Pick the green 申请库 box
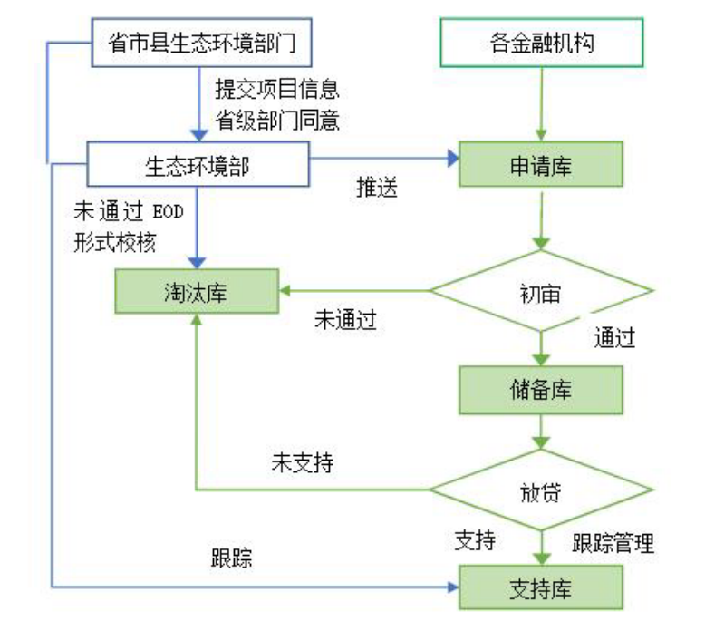click(541, 164)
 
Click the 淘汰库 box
click(197, 292)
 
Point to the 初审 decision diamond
click(541, 292)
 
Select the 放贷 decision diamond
click(541, 490)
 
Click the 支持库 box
click(541, 587)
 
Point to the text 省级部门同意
click(276, 119)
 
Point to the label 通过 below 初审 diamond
click(614, 338)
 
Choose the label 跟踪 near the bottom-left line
click(231, 558)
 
